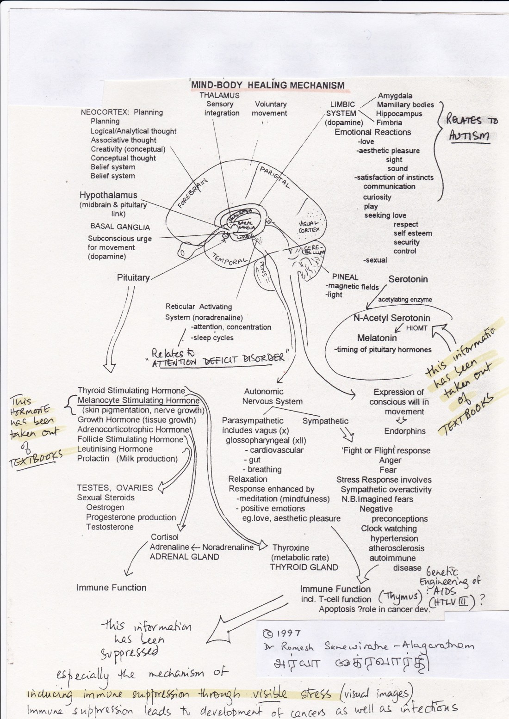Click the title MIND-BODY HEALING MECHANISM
268,85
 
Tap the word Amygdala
395,96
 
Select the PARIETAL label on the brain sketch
274,178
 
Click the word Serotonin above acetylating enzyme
408,279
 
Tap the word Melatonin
377,338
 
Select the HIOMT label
416,328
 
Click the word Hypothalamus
108,195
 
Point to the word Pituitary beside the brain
133,277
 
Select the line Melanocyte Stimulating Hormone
138,400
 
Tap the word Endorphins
404,431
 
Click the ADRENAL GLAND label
184,557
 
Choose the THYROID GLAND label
304,567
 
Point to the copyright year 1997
287,633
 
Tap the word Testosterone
110,527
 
